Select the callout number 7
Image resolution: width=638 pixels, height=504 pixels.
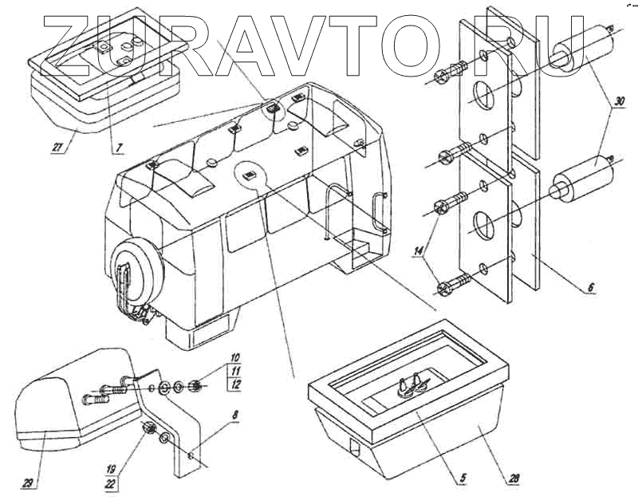pyautogui.click(x=117, y=148)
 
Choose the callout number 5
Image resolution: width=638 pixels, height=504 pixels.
pyautogui.click(x=461, y=479)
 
